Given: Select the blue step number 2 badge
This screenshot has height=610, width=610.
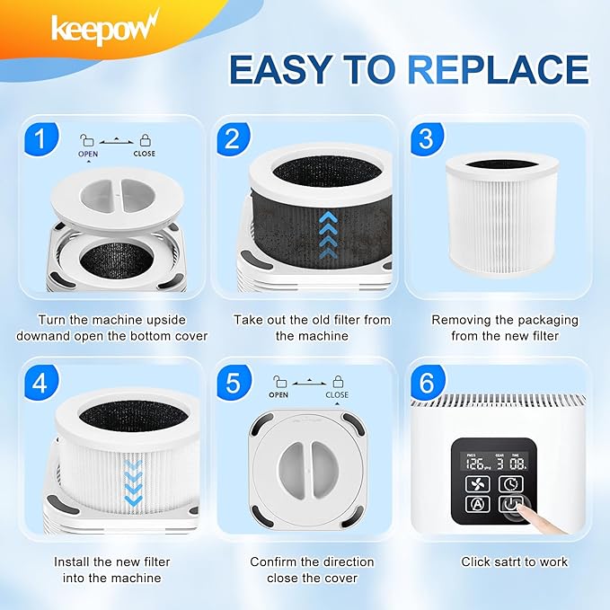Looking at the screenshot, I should (232, 138).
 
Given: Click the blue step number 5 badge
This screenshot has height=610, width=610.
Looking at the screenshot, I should (232, 384).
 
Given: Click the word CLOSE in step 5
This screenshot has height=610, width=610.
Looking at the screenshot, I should (338, 394).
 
